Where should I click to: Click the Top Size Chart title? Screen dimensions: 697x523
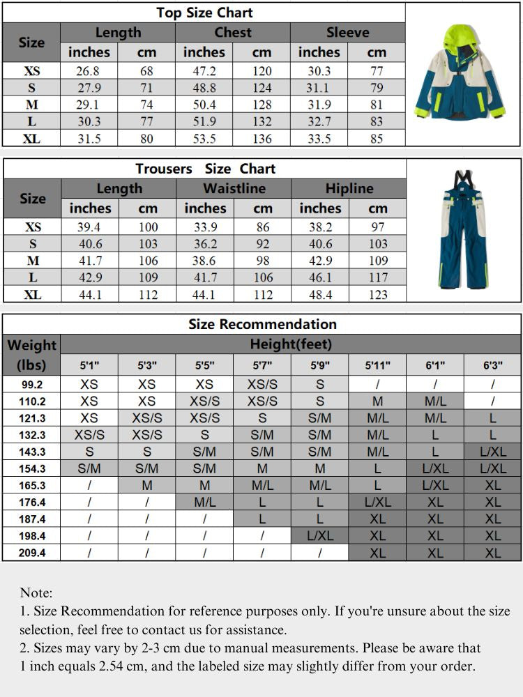(x=204, y=13)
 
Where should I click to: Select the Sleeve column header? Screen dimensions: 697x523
(x=347, y=33)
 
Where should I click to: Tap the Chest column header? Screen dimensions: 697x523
(x=233, y=33)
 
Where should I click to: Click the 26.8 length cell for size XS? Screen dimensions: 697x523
(x=89, y=71)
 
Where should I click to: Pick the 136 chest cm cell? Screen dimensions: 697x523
(x=261, y=138)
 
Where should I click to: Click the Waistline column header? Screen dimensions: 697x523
(x=234, y=189)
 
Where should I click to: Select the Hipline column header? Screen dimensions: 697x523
(x=349, y=189)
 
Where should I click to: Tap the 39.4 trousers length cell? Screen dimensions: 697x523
(x=90, y=227)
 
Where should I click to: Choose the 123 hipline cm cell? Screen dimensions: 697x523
(x=377, y=294)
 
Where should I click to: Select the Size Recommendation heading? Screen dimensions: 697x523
(x=262, y=324)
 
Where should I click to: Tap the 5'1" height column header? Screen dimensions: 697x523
(x=89, y=365)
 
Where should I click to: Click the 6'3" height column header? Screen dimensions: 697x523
(x=492, y=365)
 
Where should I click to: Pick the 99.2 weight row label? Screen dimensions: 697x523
(x=32, y=383)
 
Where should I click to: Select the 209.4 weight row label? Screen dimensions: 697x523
(x=32, y=553)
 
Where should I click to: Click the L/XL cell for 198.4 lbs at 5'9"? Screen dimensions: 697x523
(x=319, y=536)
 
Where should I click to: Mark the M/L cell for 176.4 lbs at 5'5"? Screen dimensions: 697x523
(x=204, y=502)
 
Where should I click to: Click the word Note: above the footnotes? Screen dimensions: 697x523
(x=36, y=593)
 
